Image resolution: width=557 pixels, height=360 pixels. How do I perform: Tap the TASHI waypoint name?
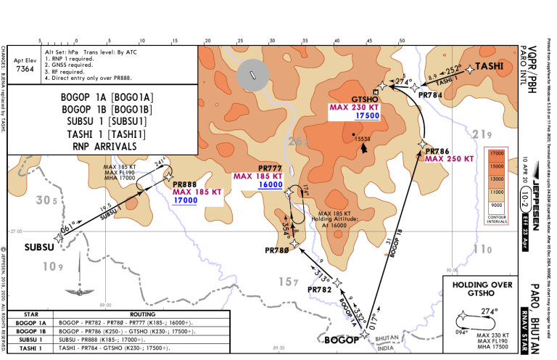[x=490, y=66]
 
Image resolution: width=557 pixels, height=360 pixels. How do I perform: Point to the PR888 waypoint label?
[x=185, y=185]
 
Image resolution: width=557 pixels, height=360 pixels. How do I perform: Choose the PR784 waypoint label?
[x=430, y=95]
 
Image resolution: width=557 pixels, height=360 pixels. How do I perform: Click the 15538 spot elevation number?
[x=363, y=139]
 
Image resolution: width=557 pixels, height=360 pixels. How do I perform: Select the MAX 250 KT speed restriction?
[x=449, y=158]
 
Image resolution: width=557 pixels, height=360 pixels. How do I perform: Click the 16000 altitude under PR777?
[x=251, y=185]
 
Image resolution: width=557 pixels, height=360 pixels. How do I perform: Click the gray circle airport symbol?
[x=253, y=76]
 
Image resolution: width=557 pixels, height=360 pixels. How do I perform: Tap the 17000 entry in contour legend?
[x=497, y=154]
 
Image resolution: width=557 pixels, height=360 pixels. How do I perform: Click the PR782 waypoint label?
[x=320, y=290]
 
